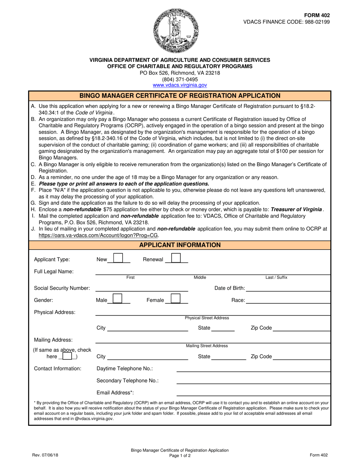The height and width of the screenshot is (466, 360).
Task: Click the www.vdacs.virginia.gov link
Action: (x=180, y=86)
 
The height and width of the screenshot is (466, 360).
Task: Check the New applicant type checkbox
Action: (x=118, y=259)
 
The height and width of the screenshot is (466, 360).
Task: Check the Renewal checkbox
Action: (x=175, y=259)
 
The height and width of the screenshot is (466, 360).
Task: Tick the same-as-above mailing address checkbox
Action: (x=67, y=356)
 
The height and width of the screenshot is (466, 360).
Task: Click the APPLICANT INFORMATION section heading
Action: (x=180, y=245)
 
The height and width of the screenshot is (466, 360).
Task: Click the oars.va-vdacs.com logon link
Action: (x=99, y=235)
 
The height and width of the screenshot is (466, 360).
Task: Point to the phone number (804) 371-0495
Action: (x=180, y=79)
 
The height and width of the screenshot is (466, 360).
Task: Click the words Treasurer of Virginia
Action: (x=296, y=209)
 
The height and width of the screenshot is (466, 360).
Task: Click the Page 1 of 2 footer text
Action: (x=180, y=455)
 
